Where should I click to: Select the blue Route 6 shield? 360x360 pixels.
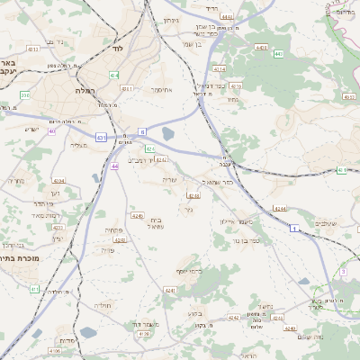(x=141, y=131)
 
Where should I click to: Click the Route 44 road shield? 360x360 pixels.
(x=114, y=166)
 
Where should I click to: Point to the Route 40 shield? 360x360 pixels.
(x=52, y=131)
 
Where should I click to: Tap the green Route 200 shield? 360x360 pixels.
(x=25, y=94)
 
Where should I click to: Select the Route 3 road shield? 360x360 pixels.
(x=342, y=271)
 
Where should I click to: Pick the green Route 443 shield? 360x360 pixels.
(x=278, y=54)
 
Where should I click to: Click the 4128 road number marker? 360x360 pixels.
(x=144, y=334)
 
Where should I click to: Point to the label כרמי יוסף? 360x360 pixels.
(x=189, y=272)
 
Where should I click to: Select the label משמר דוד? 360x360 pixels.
(x=141, y=322)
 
